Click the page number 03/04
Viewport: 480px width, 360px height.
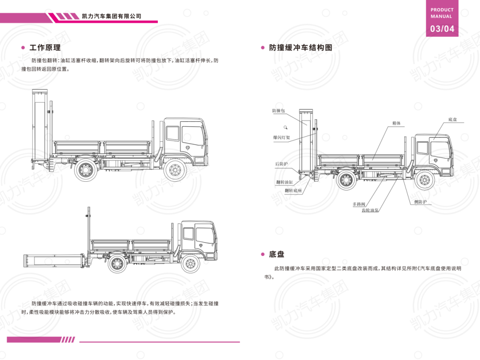click(442, 29)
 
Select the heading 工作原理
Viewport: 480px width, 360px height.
click(45, 48)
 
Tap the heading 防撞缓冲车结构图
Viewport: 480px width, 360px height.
click(300, 48)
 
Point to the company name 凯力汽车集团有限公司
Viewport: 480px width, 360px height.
click(112, 16)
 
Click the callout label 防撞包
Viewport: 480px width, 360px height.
click(279, 111)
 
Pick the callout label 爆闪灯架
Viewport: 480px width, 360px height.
click(281, 138)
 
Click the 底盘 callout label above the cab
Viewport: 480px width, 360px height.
click(452, 120)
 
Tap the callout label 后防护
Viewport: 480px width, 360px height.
click(281, 164)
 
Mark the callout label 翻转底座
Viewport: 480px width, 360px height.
click(293, 190)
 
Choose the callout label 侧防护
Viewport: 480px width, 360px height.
click(420, 202)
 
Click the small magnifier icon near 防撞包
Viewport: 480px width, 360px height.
click(286, 128)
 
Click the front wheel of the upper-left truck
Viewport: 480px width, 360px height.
click(175, 171)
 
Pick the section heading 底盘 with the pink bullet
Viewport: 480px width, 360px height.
click(277, 255)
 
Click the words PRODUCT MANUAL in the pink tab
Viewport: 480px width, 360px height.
click(442, 13)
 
